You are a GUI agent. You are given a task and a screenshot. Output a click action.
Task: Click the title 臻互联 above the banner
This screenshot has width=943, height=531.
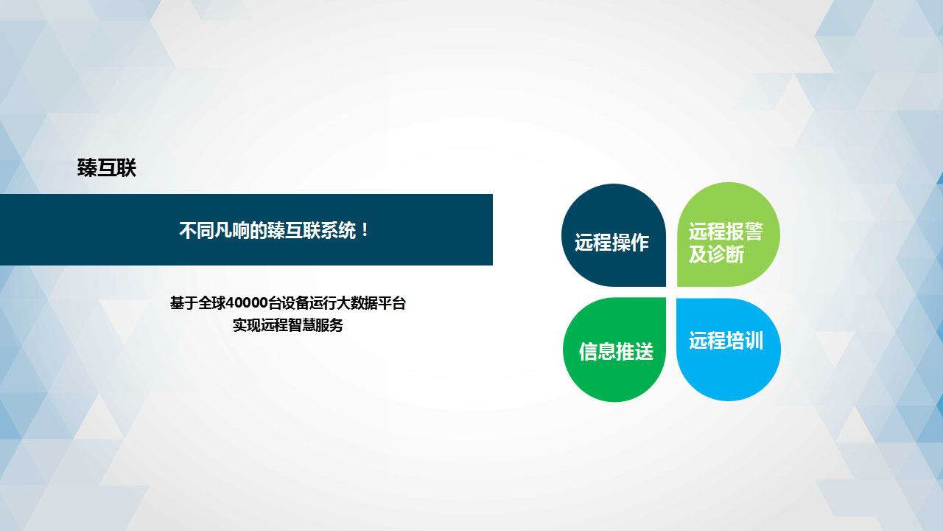pyautogui.click(x=107, y=168)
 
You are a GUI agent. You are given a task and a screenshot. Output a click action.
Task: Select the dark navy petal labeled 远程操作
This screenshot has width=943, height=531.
pyautogui.click(x=614, y=235)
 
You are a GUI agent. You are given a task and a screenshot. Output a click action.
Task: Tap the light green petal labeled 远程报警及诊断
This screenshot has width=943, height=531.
pyautogui.click(x=729, y=235)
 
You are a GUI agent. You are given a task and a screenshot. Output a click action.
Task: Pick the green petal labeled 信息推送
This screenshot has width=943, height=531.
pyautogui.click(x=614, y=350)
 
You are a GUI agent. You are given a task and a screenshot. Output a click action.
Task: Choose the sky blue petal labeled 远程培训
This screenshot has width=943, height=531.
pyautogui.click(x=729, y=350)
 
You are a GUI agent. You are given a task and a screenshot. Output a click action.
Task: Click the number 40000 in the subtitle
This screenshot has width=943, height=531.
pyautogui.click(x=247, y=303)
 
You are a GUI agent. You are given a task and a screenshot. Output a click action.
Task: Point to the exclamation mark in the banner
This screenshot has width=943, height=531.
pyautogui.click(x=365, y=230)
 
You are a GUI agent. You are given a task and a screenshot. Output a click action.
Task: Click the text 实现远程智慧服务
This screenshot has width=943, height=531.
pyautogui.click(x=288, y=325)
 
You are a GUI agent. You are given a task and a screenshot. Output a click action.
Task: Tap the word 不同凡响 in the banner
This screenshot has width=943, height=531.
pyautogui.click(x=214, y=230)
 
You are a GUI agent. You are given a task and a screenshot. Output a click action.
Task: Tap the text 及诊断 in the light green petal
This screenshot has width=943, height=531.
pyautogui.click(x=717, y=254)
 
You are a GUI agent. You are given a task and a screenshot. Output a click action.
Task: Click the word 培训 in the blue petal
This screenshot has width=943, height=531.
pyautogui.click(x=745, y=341)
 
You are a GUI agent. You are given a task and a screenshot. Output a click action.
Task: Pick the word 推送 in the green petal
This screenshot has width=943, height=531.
pyautogui.click(x=635, y=351)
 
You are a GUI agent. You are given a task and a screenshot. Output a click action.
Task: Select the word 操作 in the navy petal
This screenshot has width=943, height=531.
pyautogui.click(x=630, y=243)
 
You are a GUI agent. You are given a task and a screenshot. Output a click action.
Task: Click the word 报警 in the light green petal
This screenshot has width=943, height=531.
pyautogui.click(x=745, y=232)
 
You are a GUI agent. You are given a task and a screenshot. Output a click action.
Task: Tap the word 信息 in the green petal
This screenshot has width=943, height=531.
pyautogui.click(x=597, y=351)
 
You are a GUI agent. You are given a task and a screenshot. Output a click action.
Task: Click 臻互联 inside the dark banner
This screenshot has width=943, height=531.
pyautogui.click(x=294, y=230)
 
